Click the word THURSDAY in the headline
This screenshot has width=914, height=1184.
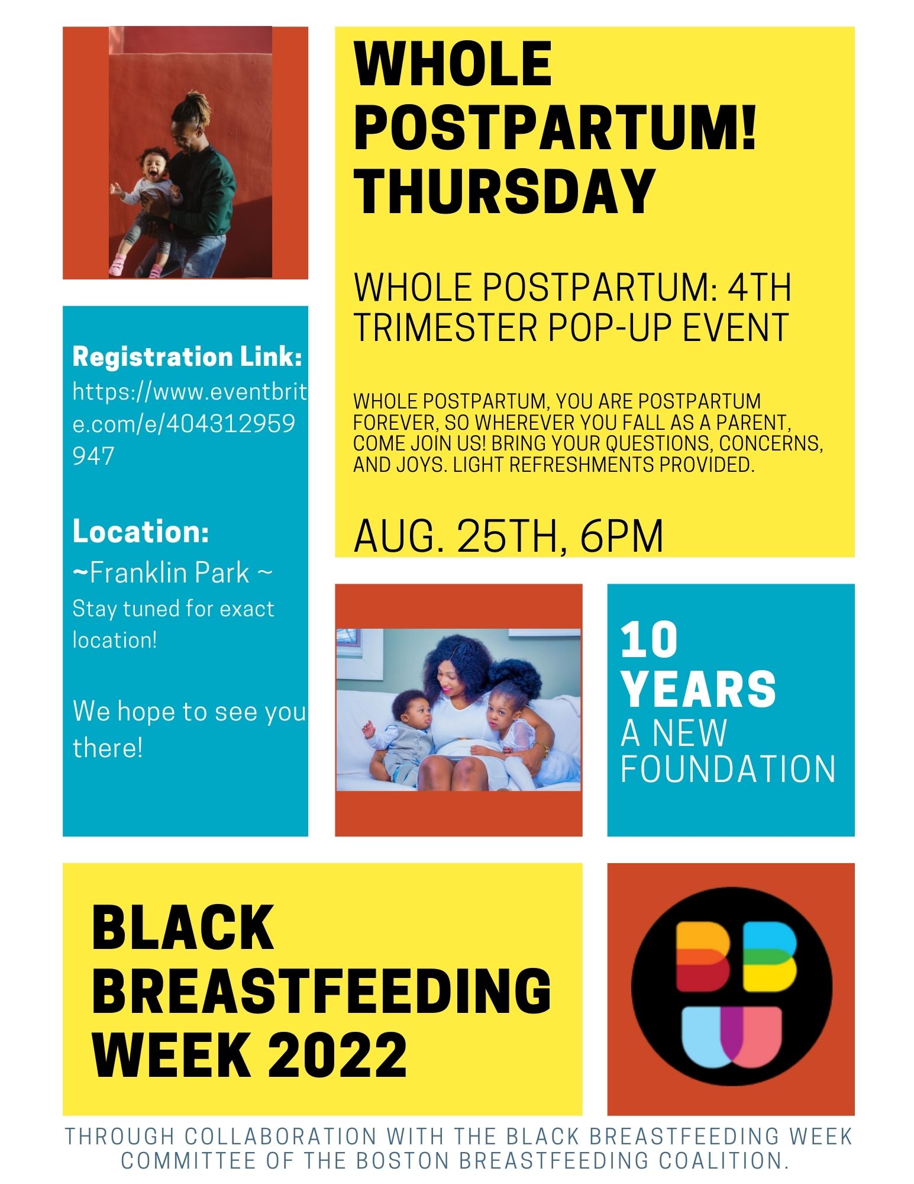tap(504, 191)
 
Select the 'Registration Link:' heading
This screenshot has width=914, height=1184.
tap(187, 356)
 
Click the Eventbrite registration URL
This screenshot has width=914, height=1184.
tap(189, 423)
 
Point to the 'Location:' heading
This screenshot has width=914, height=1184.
tap(141, 531)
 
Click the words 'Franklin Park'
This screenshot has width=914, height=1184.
tap(170, 573)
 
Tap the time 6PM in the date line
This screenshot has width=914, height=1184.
tap(622, 536)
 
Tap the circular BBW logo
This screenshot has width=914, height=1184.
tap(731, 986)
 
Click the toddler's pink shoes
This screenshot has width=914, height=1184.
tap(136, 265)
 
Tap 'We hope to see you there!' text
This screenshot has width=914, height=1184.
tap(189, 729)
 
